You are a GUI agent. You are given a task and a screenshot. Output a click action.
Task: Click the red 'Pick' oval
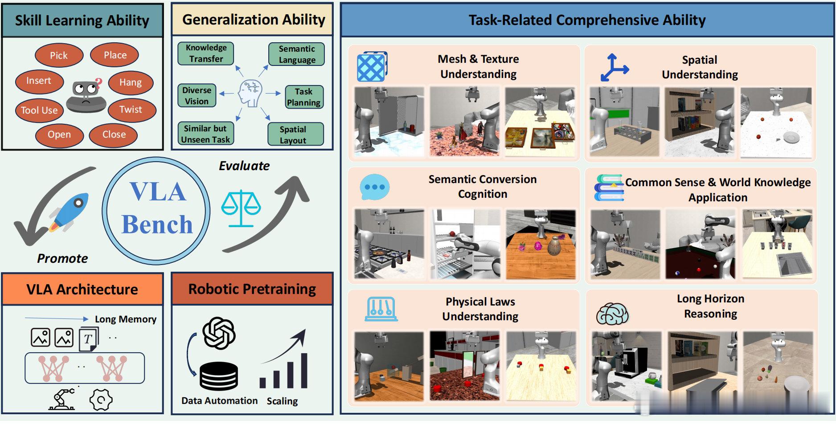pyautogui.click(x=59, y=55)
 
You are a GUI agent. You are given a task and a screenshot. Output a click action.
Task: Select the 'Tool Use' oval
pyautogui.click(x=39, y=110)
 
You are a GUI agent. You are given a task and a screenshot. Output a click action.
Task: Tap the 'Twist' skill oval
pyautogui.click(x=131, y=110)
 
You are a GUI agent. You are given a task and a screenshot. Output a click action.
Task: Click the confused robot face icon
pyautogui.click(x=86, y=95)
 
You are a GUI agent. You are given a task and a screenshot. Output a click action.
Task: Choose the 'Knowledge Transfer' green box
pyautogui.click(x=206, y=53)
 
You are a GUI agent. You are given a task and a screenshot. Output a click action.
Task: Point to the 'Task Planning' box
pyautogui.click(x=303, y=97)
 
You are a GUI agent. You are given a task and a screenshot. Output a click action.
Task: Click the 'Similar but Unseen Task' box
pyautogui.click(x=205, y=134)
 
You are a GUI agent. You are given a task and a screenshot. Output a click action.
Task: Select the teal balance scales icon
pyautogui.click(x=241, y=208)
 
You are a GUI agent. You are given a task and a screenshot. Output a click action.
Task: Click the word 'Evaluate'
pyautogui.click(x=244, y=166)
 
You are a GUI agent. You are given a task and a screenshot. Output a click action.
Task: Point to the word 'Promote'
pyautogui.click(x=62, y=258)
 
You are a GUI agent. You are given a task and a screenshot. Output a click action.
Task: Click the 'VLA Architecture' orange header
pyautogui.click(x=82, y=289)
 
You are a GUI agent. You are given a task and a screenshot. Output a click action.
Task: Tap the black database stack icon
pyautogui.click(x=218, y=376)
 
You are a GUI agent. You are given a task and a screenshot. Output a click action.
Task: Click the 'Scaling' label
pyautogui.click(x=282, y=401)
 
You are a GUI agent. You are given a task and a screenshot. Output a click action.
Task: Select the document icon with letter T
pyautogui.click(x=88, y=339)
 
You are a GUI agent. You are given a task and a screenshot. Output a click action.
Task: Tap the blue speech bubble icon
pyautogui.click(x=374, y=187)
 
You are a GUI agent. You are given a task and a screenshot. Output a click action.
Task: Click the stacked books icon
pyautogui.click(x=609, y=188)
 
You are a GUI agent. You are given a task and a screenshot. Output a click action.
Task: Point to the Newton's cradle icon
pyautogui.click(x=381, y=309)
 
